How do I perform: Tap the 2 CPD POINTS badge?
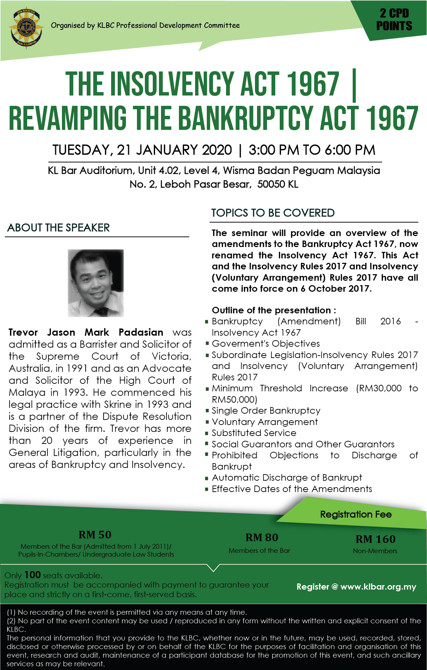[394, 20]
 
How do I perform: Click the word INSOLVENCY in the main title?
[174, 85]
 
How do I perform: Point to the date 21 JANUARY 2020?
[174, 150]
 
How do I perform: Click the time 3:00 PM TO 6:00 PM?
[312, 150]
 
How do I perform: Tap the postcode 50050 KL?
[278, 184]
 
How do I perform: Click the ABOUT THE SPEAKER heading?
[58, 227]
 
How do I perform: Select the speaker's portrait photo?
[96, 283]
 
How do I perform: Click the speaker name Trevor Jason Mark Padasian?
[86, 332]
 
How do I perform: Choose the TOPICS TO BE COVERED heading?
[273, 213]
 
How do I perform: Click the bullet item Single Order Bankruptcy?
[266, 411]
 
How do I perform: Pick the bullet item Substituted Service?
[254, 433]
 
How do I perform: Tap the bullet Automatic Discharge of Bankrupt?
[287, 478]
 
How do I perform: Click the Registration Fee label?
[356, 514]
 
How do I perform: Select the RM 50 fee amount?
[95, 535]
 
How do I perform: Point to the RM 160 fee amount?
[375, 539]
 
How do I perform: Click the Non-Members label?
[375, 551]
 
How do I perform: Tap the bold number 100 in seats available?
[33, 575]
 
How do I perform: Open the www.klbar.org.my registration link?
[378, 587]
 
